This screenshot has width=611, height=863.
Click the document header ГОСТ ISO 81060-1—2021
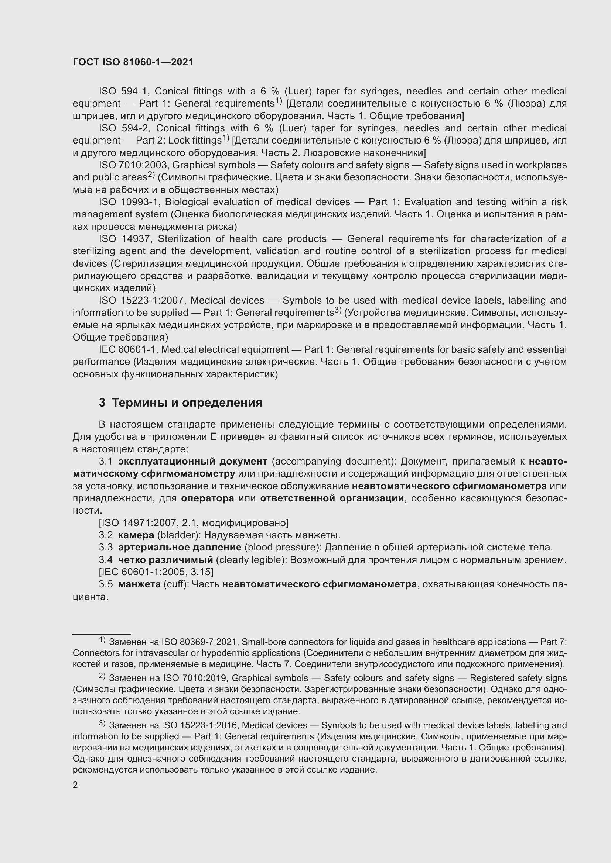pyautogui.click(x=133, y=62)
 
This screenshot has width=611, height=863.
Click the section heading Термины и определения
pyautogui.click(x=187, y=403)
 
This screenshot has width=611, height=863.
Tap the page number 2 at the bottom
pyautogui.click(x=75, y=785)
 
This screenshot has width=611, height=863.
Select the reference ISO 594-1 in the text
pyautogui.click(x=124, y=92)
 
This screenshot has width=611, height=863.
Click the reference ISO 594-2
pyautogui.click(x=124, y=128)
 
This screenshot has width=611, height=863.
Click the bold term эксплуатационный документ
pyautogui.click(x=192, y=461)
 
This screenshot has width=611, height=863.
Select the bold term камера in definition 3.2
pyautogui.click(x=136, y=535)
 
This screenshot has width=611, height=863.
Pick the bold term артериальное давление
pyautogui.click(x=180, y=547)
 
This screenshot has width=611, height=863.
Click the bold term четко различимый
pyautogui.click(x=165, y=560)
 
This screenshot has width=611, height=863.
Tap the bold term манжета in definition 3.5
pyautogui.click(x=139, y=584)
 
